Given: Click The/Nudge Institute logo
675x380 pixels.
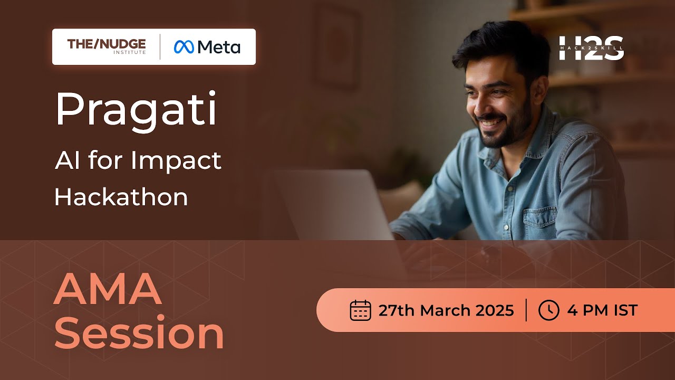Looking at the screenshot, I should pos(107,46).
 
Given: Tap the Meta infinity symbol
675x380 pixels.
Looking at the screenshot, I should pos(185,47).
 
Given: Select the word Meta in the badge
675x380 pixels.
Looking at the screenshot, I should pos(219,47).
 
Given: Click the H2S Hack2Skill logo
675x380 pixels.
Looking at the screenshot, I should pos(591,48).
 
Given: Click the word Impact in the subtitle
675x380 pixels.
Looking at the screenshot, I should pos(176,160).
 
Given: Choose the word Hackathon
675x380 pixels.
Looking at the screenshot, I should pos(121,197).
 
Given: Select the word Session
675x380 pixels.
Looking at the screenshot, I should pos(139,334).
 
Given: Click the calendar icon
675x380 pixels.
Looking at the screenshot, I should pos(361,310).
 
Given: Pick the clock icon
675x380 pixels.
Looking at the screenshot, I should pos(548,310).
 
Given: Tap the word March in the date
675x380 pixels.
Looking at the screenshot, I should pos(445,310).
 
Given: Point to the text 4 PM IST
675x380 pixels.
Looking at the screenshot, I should pos(602,310).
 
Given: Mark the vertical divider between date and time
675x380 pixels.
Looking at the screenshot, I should pos(526,310).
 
